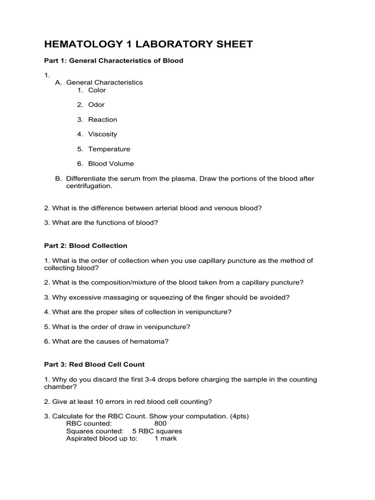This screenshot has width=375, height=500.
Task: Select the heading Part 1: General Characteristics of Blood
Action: click(113, 61)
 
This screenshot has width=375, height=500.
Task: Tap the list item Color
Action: click(97, 90)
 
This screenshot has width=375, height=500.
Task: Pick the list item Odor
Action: click(96, 104)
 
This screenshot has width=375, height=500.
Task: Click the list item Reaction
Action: click(103, 119)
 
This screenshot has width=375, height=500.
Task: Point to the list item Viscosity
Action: click(103, 134)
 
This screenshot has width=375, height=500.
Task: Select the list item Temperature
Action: click(109, 149)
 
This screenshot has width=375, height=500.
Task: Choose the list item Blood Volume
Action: click(111, 164)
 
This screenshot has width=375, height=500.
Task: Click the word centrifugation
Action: click(89, 186)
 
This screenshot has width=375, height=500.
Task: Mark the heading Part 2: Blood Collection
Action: click(85, 246)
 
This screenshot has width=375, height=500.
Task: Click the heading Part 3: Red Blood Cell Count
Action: click(94, 364)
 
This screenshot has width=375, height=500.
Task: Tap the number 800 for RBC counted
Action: click(160, 423)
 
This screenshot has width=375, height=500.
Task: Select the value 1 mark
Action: click(166, 438)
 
